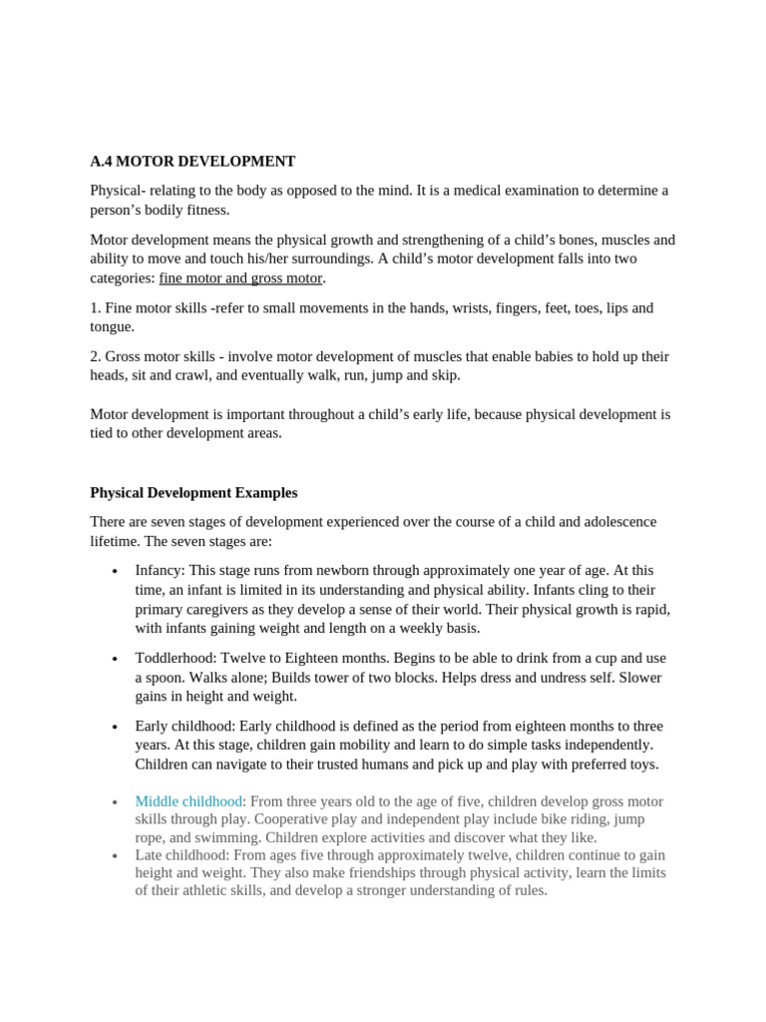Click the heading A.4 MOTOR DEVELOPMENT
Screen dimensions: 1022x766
pyautogui.click(x=192, y=162)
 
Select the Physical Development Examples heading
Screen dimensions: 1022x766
pyautogui.click(x=193, y=493)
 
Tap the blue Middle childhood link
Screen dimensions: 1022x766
pyautogui.click(x=189, y=801)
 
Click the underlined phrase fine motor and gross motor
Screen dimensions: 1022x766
pyautogui.click(x=240, y=278)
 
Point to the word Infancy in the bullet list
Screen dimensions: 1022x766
pyautogui.click(x=159, y=571)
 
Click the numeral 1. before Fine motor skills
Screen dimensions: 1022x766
pyautogui.click(x=95, y=308)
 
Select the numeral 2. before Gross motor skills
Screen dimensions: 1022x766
pyautogui.click(x=95, y=357)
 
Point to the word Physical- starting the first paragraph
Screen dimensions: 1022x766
pyautogui.click(x=118, y=191)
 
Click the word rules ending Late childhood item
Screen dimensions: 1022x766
pyautogui.click(x=527, y=891)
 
